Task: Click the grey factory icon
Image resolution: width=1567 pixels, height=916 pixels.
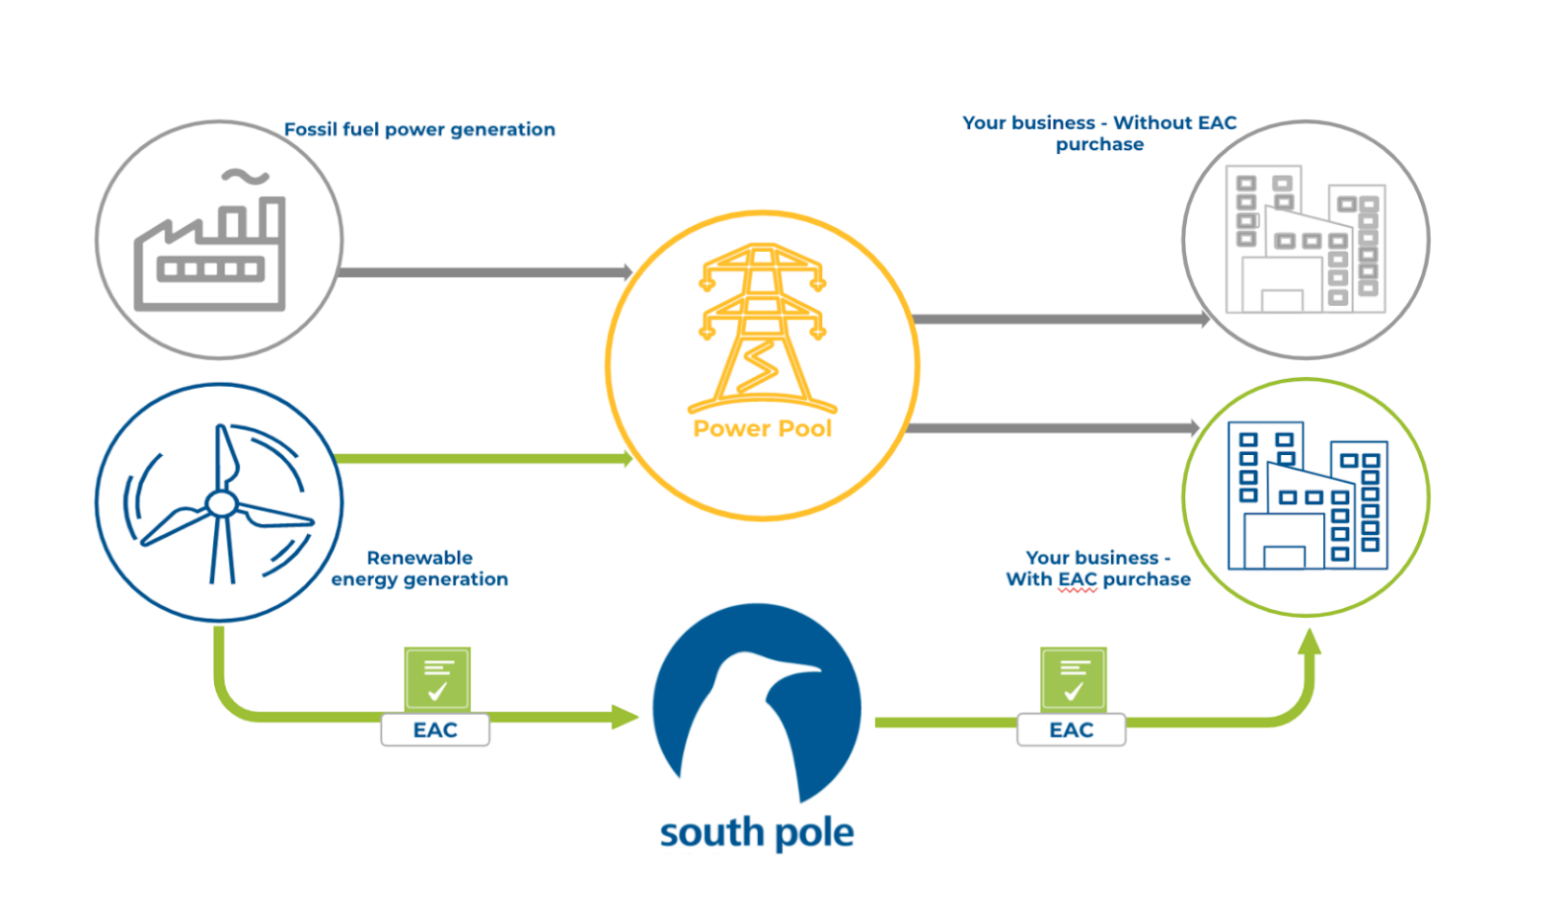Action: (x=211, y=253)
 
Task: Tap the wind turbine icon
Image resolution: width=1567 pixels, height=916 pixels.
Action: (x=219, y=503)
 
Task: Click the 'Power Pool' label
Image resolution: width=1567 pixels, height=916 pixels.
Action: (x=762, y=428)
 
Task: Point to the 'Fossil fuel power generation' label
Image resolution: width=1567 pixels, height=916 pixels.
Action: (x=419, y=129)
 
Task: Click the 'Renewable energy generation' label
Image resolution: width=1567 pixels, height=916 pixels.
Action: (x=419, y=569)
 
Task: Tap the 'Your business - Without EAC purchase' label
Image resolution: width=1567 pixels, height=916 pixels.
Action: (x=1099, y=133)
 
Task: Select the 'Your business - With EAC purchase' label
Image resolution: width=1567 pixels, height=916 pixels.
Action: (x=1098, y=569)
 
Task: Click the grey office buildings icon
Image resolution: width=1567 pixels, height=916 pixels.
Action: (x=1305, y=240)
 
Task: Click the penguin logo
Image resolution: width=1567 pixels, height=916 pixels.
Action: (x=757, y=703)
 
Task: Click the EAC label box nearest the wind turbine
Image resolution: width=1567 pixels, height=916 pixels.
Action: (x=435, y=730)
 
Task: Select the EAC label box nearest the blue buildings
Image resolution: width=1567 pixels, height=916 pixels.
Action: (x=1071, y=730)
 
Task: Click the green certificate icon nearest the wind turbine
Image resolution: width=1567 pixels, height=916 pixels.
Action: (x=437, y=678)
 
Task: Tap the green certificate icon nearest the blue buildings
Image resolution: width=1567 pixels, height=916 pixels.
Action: (x=1073, y=678)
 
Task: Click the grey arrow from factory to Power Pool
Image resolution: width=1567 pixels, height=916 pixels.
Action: (x=484, y=271)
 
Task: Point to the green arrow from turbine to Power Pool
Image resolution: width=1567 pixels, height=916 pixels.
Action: (x=484, y=458)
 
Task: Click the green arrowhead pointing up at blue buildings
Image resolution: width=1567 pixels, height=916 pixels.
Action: (x=1309, y=644)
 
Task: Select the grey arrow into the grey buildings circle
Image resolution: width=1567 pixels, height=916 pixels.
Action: (x=1061, y=319)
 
